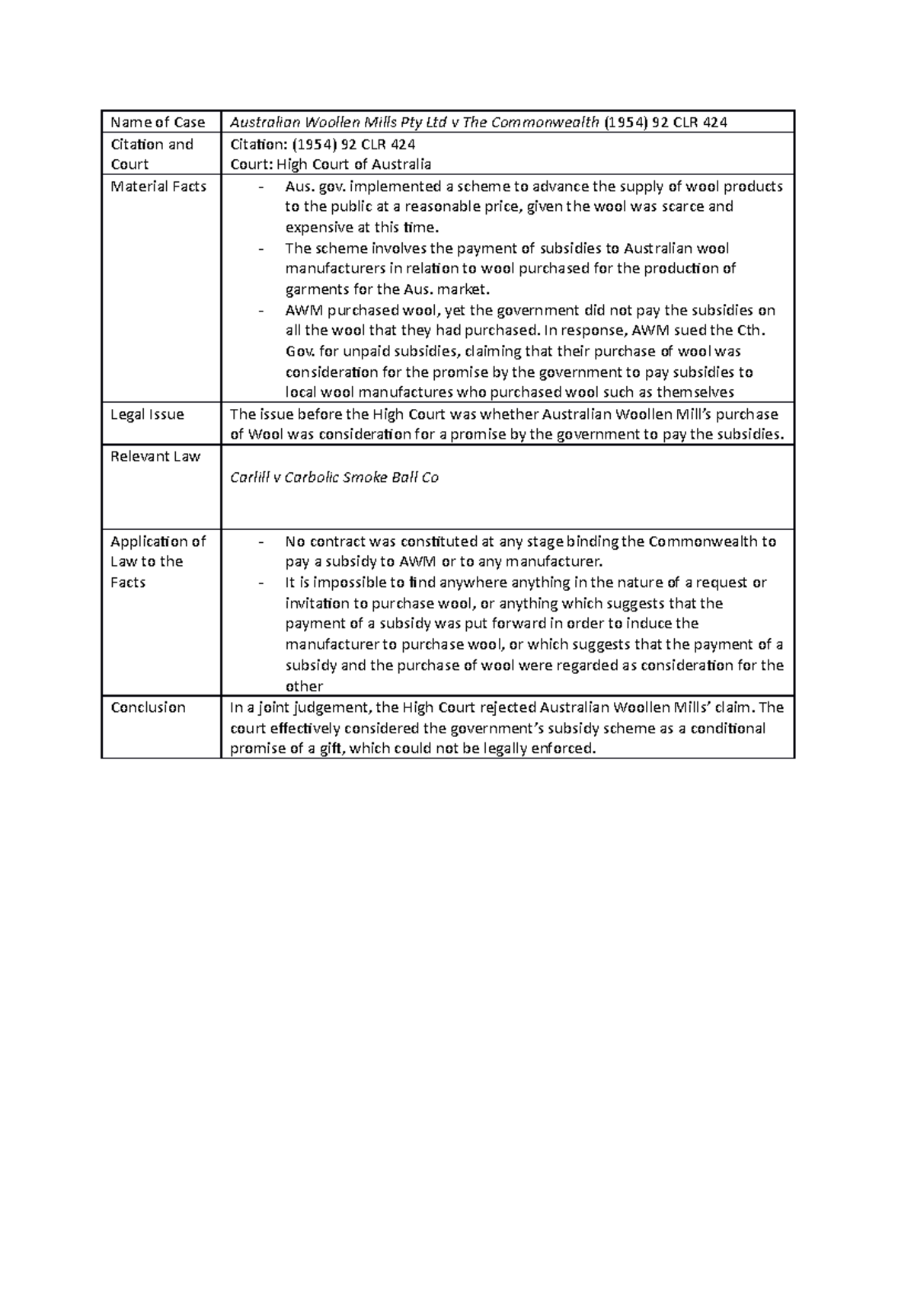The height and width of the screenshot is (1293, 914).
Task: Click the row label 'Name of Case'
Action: tap(158, 123)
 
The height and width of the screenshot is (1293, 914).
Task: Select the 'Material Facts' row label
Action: tap(158, 187)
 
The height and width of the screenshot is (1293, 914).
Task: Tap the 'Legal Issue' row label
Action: tap(147, 414)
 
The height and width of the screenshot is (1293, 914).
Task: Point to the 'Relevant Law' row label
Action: tap(155, 456)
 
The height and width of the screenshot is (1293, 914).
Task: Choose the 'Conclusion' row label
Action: tap(148, 707)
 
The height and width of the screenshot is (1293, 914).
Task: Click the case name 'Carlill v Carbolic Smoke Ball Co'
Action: tap(334, 478)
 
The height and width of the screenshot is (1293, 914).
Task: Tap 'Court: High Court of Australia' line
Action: tap(331, 164)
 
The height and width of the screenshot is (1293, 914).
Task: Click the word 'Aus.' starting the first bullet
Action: tap(299, 187)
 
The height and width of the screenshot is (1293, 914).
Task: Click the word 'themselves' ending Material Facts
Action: tap(695, 393)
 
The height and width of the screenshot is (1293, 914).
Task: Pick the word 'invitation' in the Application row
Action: tap(316, 604)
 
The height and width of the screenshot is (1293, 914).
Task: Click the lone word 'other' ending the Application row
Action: tap(304, 686)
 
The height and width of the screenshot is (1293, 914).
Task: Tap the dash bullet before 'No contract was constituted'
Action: tap(263, 542)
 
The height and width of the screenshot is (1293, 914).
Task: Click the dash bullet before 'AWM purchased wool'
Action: tap(263, 311)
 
